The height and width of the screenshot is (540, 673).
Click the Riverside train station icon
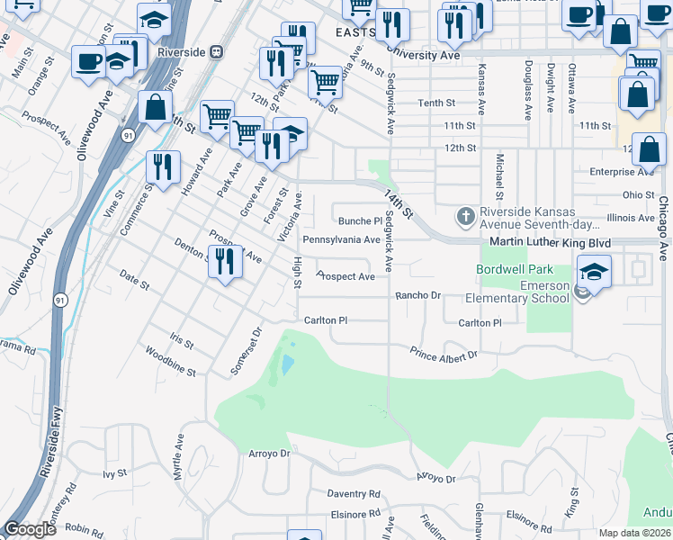[217, 51]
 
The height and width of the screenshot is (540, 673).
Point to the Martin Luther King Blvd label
[550, 243]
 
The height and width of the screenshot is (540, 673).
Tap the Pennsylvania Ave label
[341, 239]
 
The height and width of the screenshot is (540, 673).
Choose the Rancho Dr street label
[418, 295]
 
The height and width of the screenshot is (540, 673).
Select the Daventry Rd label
[354, 494]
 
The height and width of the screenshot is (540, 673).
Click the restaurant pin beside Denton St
[225, 261]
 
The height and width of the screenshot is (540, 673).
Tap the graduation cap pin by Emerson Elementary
[594, 270]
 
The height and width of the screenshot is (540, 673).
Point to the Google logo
[30, 529]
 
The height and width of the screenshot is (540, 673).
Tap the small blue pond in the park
[286, 364]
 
